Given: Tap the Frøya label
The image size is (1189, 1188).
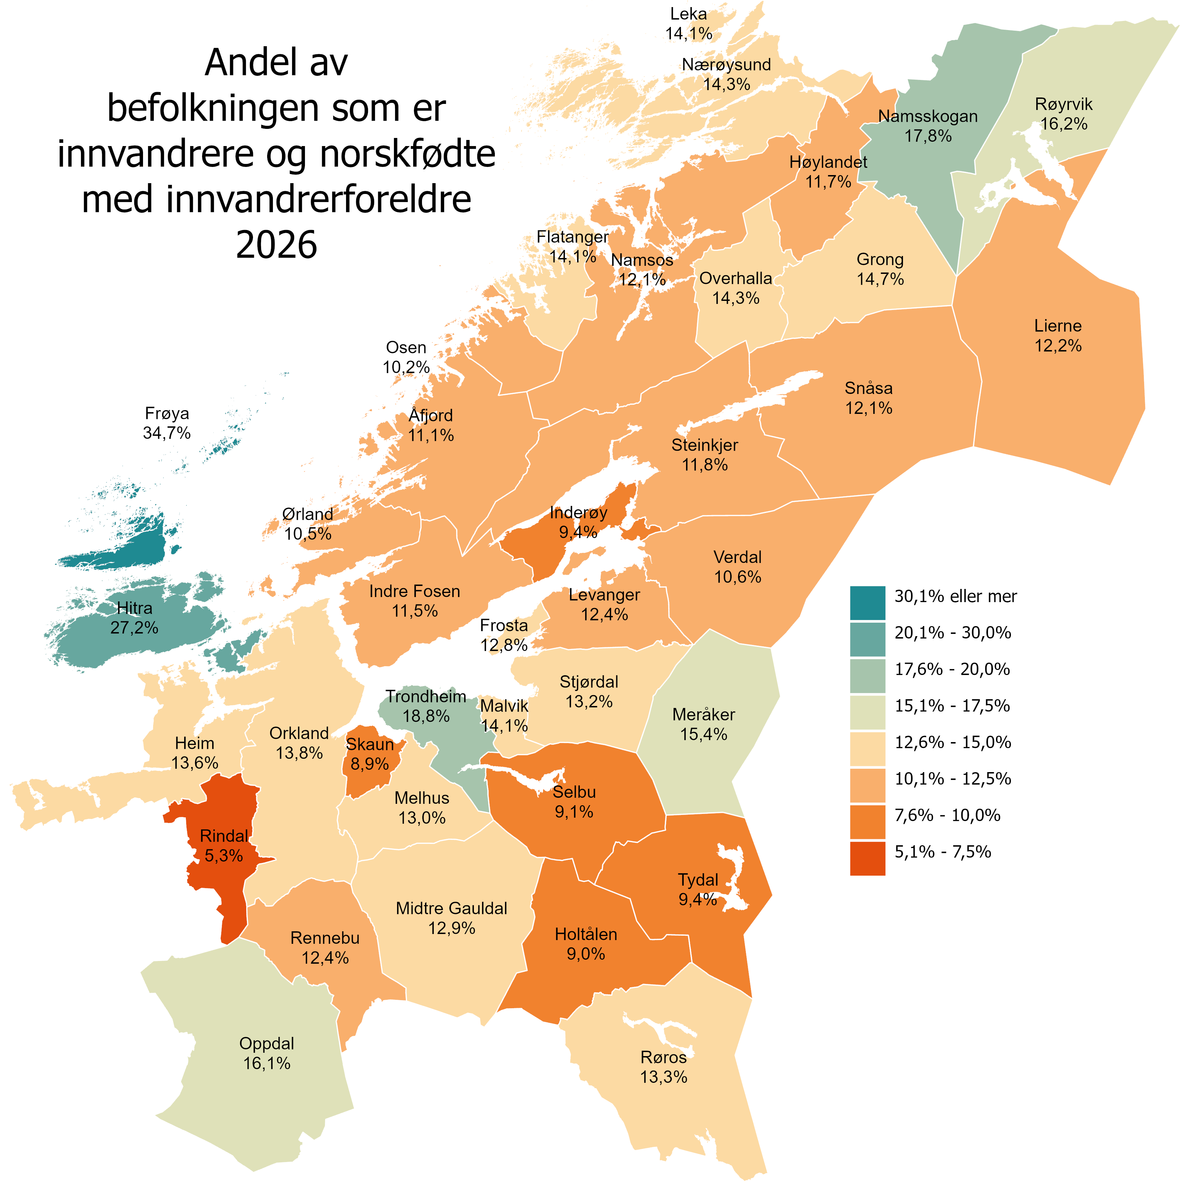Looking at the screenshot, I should coord(167,413).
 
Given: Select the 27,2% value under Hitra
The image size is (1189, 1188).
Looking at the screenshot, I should coord(134,628).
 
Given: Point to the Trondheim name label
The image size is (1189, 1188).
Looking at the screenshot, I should coord(426,696).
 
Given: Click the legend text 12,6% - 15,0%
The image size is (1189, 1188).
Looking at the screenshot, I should coord(953,742).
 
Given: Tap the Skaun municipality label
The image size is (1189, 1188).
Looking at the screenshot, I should coord(370,744).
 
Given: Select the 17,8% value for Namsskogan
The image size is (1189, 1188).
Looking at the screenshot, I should coord(928,136).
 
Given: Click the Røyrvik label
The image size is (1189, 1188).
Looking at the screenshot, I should coord(1064,104).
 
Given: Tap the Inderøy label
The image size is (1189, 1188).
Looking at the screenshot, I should coord(578,512).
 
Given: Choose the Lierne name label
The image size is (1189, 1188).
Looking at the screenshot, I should coord(1057,326).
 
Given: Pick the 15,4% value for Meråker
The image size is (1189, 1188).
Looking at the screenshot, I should coord(703,734).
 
